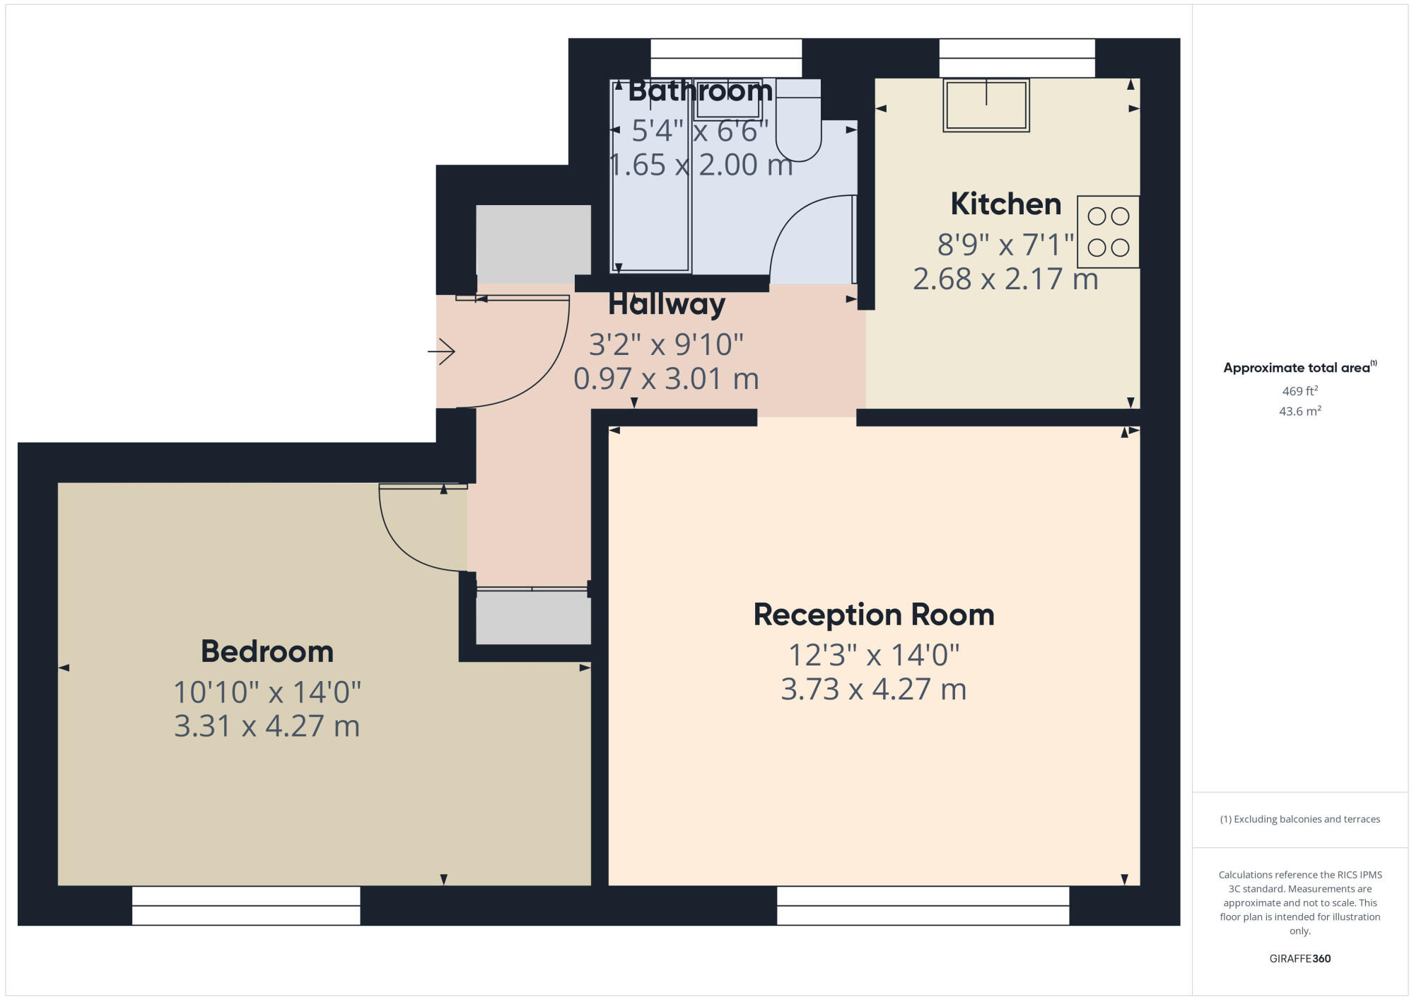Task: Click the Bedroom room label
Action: [267, 651]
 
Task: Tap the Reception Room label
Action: [873, 615]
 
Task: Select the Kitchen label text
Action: [1005, 204]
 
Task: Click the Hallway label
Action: [666, 304]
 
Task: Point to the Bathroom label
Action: [700, 91]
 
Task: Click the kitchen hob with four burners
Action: [1108, 232]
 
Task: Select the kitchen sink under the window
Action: [986, 105]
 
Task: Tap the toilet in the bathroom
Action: [798, 124]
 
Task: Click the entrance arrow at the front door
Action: [441, 351]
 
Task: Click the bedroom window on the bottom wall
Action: [246, 905]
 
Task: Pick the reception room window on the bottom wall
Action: [923, 905]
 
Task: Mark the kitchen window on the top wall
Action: [1017, 58]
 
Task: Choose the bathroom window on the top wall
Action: [725, 58]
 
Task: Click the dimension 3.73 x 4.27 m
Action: [873, 690]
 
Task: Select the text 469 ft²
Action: [1299, 391]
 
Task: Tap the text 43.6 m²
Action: [1299, 411]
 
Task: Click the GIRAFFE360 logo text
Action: [1299, 959]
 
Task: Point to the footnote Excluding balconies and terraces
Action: [1299, 819]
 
